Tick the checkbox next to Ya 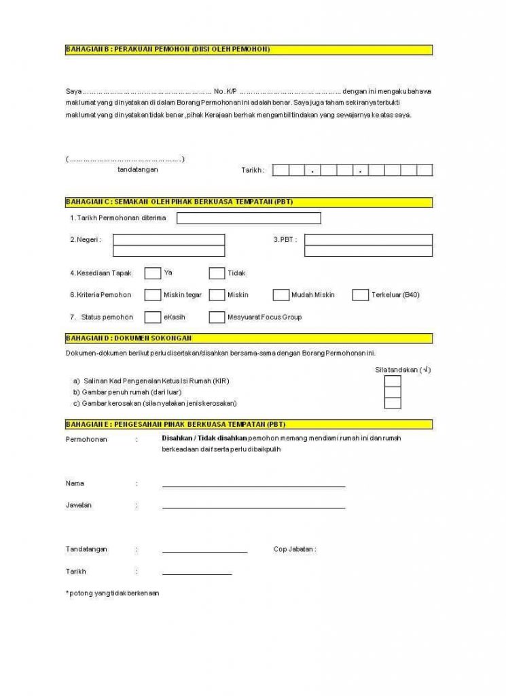[153, 273]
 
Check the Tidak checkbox [217, 273]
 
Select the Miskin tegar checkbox [153, 295]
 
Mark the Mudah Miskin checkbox [281, 295]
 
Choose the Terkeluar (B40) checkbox [361, 295]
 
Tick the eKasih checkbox [153, 317]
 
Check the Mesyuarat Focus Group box [217, 317]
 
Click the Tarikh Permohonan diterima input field [249, 218]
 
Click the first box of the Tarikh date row [281, 171]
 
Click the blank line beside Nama [253, 485]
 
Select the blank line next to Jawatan [253, 507]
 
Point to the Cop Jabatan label [294, 549]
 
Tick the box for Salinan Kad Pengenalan [393, 381]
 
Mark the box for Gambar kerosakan [393, 403]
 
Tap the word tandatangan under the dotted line [138, 169]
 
